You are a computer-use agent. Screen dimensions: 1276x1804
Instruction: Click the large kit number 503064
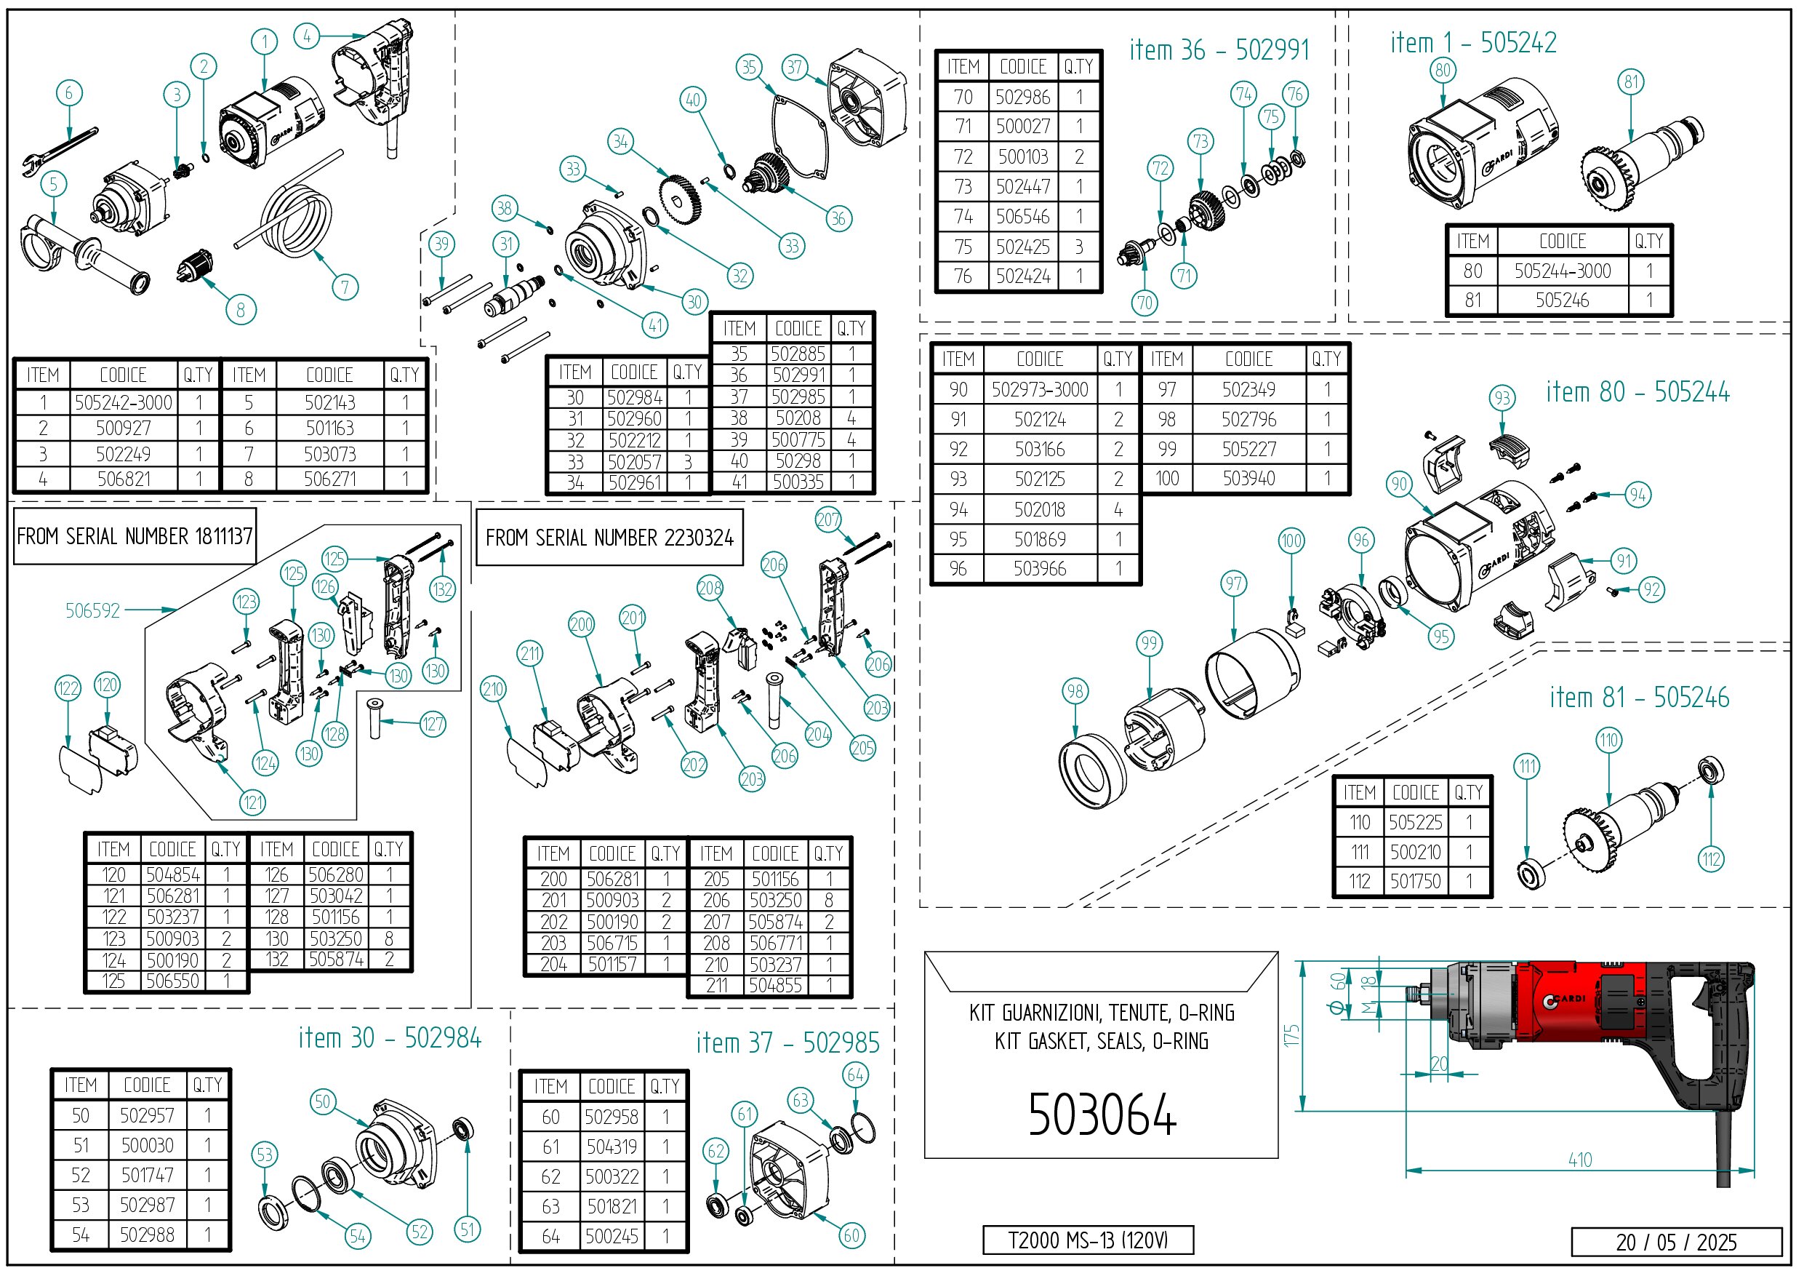click(x=1102, y=1114)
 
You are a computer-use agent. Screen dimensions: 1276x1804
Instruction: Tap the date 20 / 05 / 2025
click(x=1675, y=1243)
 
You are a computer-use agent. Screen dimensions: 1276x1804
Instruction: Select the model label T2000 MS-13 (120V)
click(x=1088, y=1240)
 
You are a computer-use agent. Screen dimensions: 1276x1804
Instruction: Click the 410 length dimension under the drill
click(x=1579, y=1160)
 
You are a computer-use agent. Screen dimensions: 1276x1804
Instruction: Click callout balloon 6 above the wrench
click(x=69, y=93)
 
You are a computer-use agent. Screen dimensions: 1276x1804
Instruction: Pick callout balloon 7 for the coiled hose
click(x=345, y=287)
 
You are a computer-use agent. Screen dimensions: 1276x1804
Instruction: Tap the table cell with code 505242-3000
click(x=124, y=402)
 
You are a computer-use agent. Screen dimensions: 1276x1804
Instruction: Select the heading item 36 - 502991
click(x=1219, y=50)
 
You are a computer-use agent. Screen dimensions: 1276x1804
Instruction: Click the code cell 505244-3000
click(x=1562, y=271)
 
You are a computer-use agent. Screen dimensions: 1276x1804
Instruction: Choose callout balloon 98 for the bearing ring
click(x=1075, y=691)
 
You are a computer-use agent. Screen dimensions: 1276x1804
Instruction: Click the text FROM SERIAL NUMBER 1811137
click(x=135, y=536)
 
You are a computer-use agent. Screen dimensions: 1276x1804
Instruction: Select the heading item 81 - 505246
click(x=1639, y=698)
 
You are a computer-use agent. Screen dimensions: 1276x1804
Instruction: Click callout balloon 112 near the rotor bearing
click(x=1711, y=859)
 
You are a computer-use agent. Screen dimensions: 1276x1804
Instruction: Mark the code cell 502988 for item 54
click(x=147, y=1235)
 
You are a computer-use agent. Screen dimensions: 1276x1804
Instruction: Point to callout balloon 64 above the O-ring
click(x=856, y=1074)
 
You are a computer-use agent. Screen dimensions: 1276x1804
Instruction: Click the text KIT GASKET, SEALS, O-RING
click(x=1102, y=1041)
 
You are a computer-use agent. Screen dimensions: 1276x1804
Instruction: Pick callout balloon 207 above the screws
click(x=828, y=519)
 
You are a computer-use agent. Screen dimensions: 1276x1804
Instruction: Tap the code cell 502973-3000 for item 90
click(x=1039, y=389)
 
